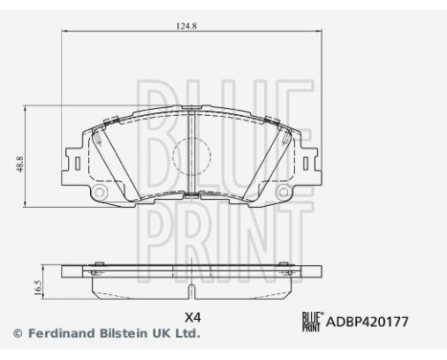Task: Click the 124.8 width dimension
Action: click(x=190, y=26)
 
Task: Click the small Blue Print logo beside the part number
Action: click(x=314, y=322)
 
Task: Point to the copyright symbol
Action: click(x=17, y=334)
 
